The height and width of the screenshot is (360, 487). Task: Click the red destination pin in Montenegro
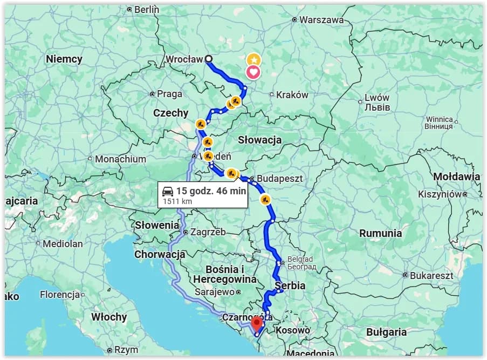coord(257,323)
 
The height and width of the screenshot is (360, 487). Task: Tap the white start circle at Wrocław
coord(209,59)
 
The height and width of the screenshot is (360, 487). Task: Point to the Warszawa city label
coord(321,19)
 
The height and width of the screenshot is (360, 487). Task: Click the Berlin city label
coord(146,9)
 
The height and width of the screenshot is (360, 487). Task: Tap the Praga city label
coord(169,94)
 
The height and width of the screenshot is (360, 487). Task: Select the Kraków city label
coord(292,94)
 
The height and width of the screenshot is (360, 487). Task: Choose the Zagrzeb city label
coord(208,232)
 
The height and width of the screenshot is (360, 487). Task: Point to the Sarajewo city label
coord(215,292)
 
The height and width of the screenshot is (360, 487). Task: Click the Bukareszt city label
coord(431,275)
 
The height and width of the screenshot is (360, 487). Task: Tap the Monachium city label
coord(120,159)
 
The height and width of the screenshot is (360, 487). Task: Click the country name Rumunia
coord(381,233)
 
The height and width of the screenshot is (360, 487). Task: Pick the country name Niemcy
coord(64,59)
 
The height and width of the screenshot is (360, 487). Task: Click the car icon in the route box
coord(168,191)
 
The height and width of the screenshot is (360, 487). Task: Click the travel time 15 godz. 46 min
coord(211,191)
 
